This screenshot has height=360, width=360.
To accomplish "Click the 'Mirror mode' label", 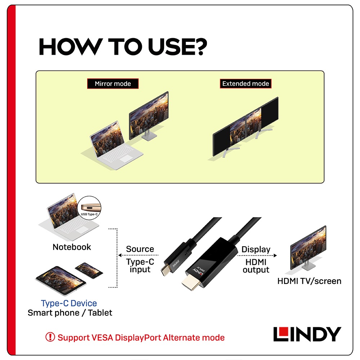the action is point(113,84).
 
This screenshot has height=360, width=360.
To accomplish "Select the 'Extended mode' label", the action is point(246,84).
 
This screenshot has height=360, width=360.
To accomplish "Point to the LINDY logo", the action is point(307,334).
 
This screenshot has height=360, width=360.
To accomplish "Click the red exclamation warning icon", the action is point(50,337).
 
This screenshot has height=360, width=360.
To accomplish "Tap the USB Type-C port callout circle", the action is point(89,208).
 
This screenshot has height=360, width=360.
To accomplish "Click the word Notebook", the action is point(72,247).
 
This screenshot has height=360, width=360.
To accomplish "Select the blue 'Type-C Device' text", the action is point(69,303).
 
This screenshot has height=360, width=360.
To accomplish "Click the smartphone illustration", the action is point(89,270).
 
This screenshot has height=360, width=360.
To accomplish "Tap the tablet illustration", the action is point(60,280).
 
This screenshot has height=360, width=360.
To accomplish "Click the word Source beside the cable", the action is point(140,249).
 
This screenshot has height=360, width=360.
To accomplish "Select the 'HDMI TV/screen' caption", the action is point(309,281).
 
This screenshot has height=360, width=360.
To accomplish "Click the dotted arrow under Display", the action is point(257,256).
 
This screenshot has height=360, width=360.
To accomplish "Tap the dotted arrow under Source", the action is point(138,255).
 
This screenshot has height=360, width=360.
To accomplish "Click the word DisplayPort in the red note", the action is point(138,338).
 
